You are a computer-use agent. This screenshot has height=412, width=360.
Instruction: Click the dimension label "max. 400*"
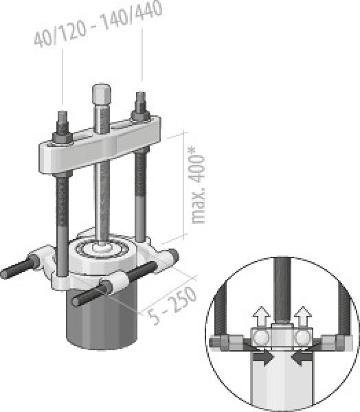click(197, 185)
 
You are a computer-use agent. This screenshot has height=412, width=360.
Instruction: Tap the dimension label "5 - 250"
click(172, 305)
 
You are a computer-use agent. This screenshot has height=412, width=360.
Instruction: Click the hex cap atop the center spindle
click(102, 93)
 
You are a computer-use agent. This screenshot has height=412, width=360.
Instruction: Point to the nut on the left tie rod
click(63, 137)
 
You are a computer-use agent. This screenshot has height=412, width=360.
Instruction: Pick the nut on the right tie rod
click(140, 115)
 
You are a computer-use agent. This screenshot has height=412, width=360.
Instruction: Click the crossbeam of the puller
click(100, 146)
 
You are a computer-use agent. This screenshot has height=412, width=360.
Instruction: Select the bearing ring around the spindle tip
click(102, 249)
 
